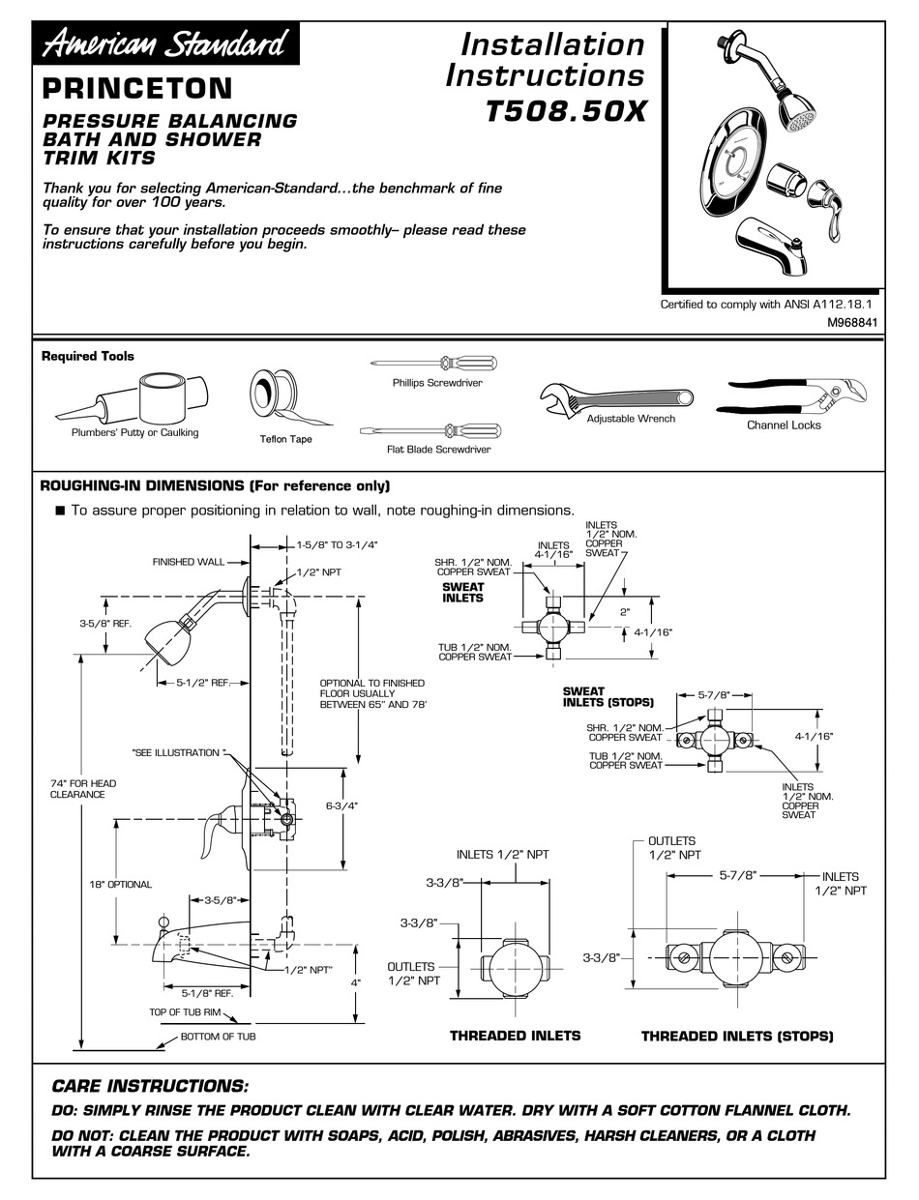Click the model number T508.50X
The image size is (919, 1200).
pos(564,112)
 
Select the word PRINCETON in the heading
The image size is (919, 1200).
pos(136,89)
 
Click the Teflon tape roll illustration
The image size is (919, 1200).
pos(270,395)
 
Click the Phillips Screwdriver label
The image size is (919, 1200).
pos(437,383)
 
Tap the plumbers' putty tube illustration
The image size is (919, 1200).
pos(136,396)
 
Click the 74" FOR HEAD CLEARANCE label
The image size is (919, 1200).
pos(78,788)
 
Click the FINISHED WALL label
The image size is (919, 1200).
pos(188,562)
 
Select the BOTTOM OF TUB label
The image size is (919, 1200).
pos(219,1037)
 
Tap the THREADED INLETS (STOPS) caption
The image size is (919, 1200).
pos(736,1036)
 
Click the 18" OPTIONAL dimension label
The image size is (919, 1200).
pos(121,884)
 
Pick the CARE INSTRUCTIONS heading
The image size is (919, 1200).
pos(150,1086)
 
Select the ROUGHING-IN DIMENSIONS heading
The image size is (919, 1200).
pos(215,485)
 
